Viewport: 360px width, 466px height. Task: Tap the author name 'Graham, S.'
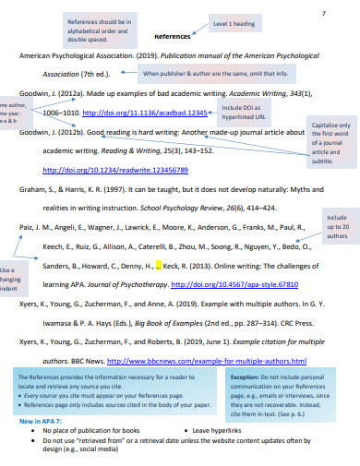(37, 189)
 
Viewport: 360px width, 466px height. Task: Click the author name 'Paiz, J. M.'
(39, 227)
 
